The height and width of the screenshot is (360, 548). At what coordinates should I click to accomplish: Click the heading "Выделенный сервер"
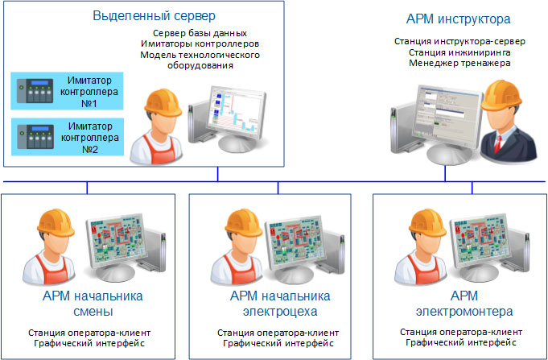[155, 16]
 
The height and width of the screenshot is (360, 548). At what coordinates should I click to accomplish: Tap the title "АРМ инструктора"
[458, 19]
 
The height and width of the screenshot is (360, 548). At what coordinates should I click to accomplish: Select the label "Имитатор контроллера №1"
[89, 92]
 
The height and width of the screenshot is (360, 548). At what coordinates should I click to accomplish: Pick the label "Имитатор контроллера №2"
[90, 138]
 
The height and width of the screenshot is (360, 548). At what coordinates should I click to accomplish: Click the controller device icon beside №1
[35, 91]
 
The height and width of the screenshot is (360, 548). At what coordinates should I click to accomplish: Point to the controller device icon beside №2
[35, 136]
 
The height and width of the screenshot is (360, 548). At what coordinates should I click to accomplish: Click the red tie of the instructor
[497, 143]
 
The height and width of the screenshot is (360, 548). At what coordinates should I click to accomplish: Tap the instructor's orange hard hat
[501, 95]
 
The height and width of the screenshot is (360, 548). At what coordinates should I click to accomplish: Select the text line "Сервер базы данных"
[200, 34]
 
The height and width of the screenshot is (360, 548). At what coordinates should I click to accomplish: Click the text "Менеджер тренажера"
[459, 64]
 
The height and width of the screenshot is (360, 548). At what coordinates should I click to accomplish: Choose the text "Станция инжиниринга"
[459, 52]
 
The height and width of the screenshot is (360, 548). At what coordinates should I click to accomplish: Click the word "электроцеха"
[280, 312]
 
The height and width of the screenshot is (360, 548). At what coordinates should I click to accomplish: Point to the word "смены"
[93, 312]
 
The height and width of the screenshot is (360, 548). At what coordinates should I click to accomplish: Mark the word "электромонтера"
[464, 312]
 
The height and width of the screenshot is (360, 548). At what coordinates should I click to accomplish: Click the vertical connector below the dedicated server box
[217, 174]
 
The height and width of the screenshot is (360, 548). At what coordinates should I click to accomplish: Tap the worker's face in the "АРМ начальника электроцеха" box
[243, 246]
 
